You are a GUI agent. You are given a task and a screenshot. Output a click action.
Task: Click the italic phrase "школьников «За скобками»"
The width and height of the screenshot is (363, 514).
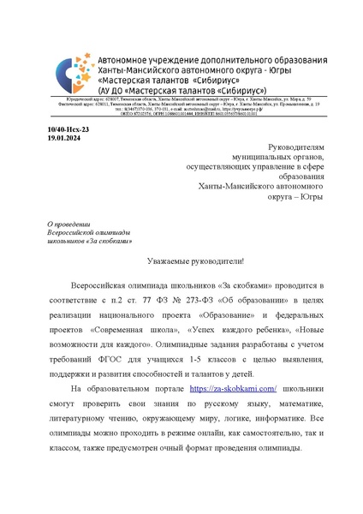click(x=83, y=241)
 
